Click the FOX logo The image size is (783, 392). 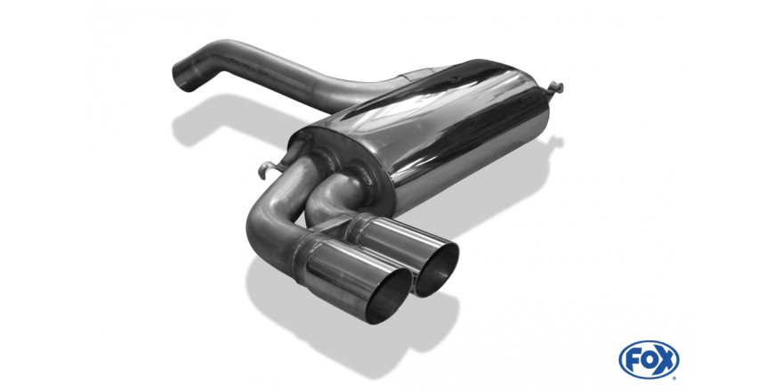tap(649, 360)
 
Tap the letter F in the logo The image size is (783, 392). tap(633, 360)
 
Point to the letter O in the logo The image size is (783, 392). tap(649, 360)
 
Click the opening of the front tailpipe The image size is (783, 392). tap(389, 297)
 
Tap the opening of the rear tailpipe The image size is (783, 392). tap(436, 270)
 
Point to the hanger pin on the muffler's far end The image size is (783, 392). tap(555, 88)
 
